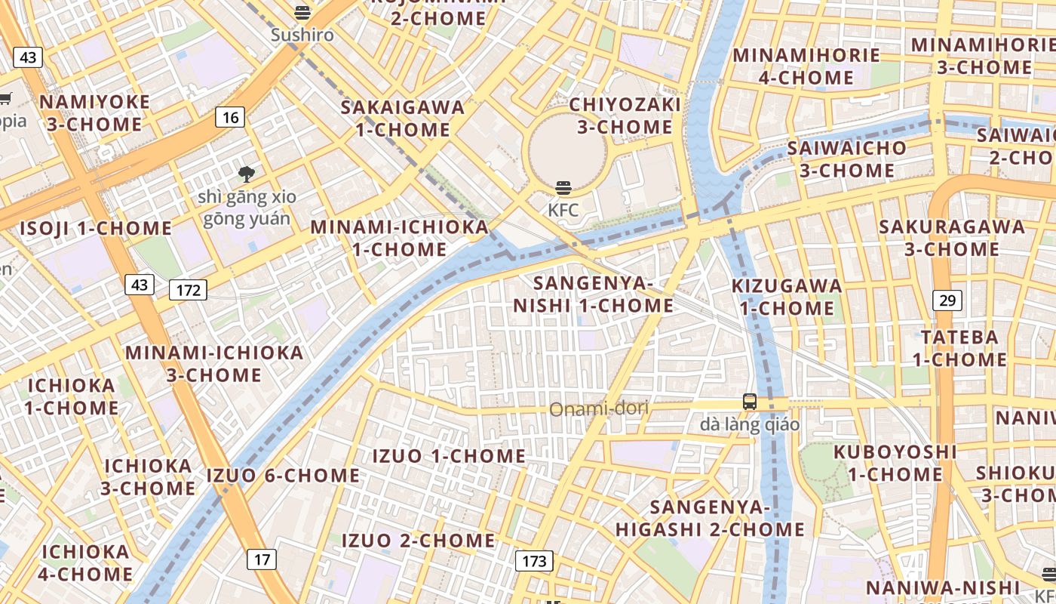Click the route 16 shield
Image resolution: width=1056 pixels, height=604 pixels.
point(231,117)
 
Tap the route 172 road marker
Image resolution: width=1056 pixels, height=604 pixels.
point(188,289)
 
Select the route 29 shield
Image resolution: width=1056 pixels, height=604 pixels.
point(947,300)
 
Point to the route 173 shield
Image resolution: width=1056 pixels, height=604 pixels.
point(534,561)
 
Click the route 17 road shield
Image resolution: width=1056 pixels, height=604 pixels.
point(262,559)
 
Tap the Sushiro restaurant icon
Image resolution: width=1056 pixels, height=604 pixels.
point(302,12)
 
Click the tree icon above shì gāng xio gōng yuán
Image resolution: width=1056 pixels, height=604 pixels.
point(246,175)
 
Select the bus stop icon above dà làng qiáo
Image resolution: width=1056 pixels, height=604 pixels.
point(749,402)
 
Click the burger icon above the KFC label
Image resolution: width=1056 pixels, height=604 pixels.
point(563,187)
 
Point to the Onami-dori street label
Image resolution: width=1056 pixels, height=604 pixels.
point(599,409)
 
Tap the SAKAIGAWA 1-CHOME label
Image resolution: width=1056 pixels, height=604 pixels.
point(403,118)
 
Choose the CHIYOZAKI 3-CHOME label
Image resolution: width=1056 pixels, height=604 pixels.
point(625,115)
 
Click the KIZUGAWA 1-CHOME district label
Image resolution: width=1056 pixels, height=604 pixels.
point(787,297)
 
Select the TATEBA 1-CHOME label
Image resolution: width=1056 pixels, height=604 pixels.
point(959,348)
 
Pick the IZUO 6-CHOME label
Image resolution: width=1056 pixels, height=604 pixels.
point(283,476)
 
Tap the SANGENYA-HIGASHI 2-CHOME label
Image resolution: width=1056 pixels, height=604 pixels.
point(710,518)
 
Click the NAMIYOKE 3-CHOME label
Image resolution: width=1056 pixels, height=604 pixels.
point(94,113)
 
